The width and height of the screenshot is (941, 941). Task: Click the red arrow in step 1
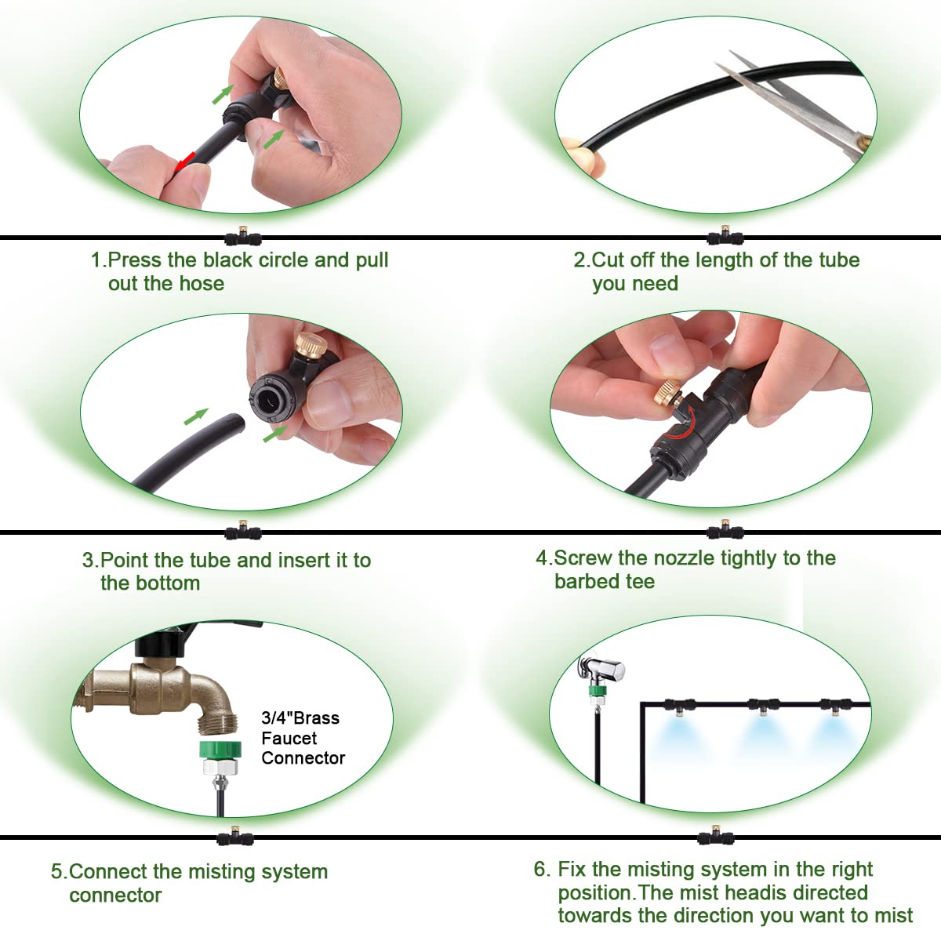(184, 162)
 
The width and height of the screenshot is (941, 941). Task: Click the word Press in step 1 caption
(134, 260)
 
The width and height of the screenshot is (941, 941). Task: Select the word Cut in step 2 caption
(608, 260)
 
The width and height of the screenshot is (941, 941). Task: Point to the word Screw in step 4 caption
(583, 558)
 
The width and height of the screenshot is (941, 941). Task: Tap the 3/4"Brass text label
(300, 718)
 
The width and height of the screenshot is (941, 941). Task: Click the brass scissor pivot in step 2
(865, 143)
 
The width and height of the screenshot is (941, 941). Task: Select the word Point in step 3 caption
(126, 560)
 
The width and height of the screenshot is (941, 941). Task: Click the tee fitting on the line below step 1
(242, 236)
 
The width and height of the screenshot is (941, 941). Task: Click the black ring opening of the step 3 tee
(267, 398)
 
